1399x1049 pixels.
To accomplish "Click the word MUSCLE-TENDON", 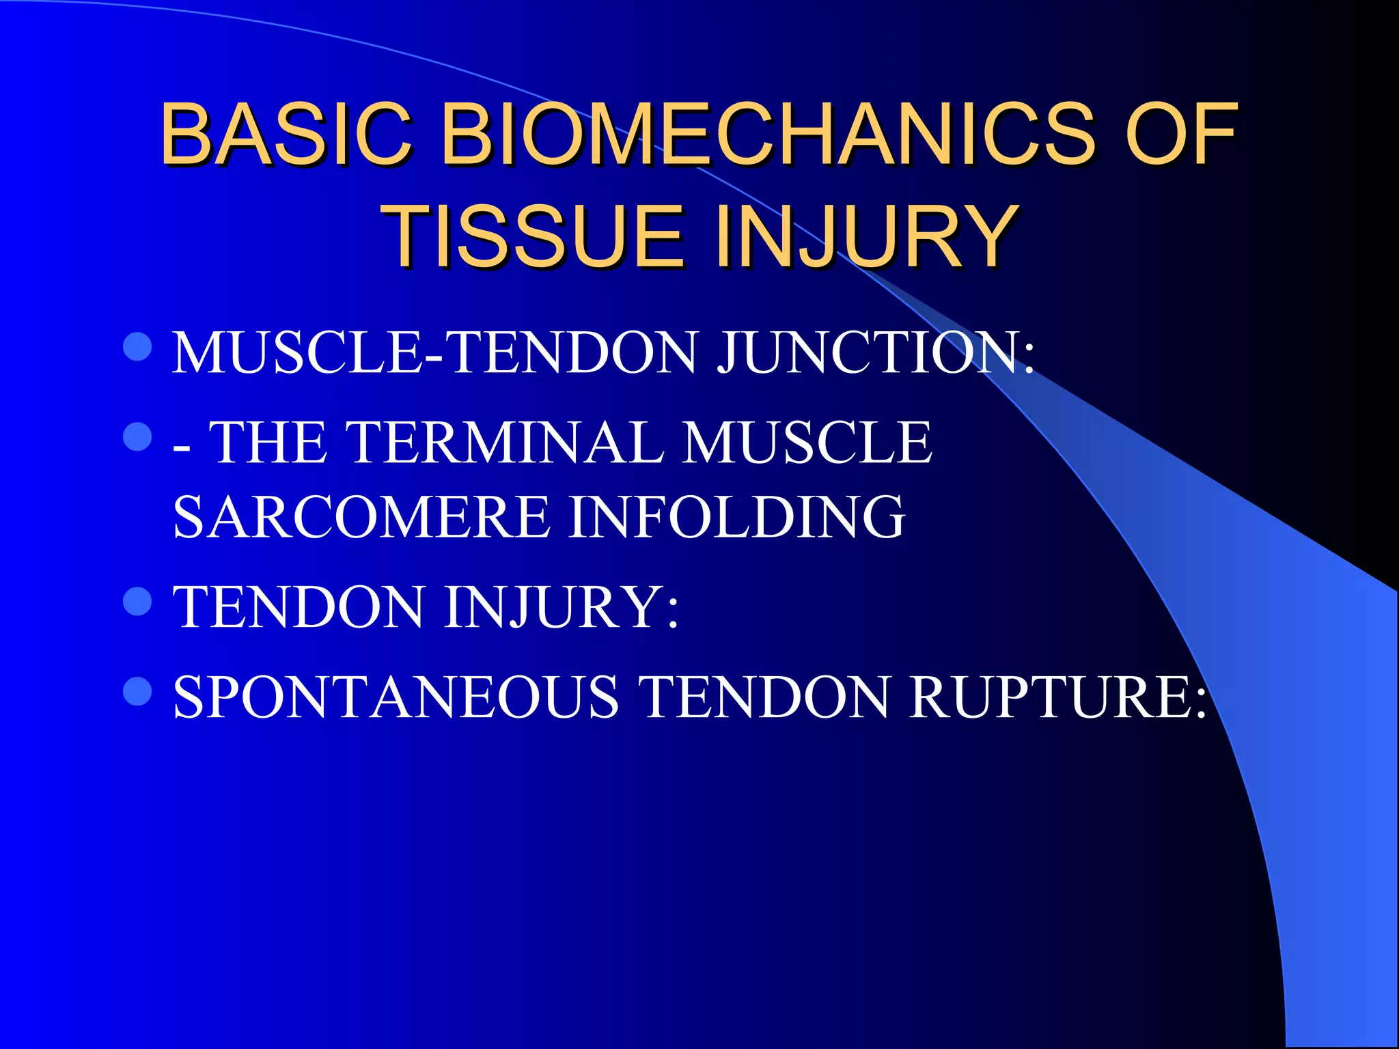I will point(434,353).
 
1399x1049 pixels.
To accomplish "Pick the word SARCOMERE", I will point(362,517).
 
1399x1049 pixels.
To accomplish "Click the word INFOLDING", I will point(737,517).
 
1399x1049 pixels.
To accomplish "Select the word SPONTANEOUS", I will point(396,697).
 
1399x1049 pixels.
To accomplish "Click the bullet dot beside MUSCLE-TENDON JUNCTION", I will point(137,346).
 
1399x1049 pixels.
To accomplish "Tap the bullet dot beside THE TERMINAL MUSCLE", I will point(137,436).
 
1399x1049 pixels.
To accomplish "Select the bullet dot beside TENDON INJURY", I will point(137,601).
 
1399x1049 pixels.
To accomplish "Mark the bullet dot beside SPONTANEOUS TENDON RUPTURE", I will point(137,691).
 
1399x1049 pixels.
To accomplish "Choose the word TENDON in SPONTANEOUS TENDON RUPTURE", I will point(765,697).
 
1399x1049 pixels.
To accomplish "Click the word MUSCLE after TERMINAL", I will point(807,443).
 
